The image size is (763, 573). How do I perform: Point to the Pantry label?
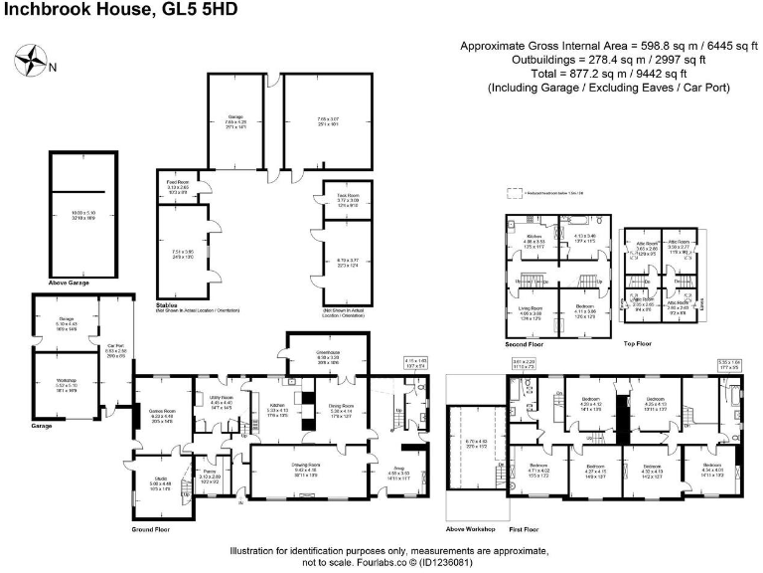(209, 476)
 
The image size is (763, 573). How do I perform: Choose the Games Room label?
(163, 389)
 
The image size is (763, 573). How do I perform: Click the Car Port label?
(115, 347)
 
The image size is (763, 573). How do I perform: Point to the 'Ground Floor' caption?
(152, 529)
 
